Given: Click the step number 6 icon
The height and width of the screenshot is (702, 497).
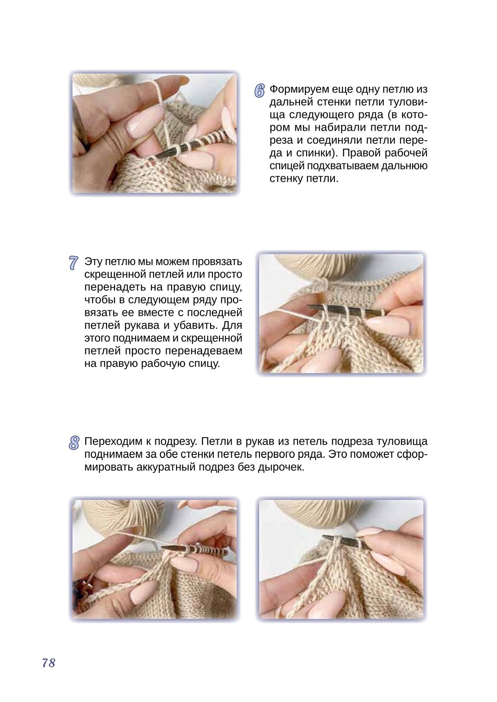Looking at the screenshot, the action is pos(259,91).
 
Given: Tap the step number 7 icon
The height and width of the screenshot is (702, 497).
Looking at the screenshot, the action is pos(73,263).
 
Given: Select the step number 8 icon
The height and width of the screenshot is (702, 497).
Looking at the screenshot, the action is pos(74,443).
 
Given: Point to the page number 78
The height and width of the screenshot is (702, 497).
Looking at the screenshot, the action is pos(49,662).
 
